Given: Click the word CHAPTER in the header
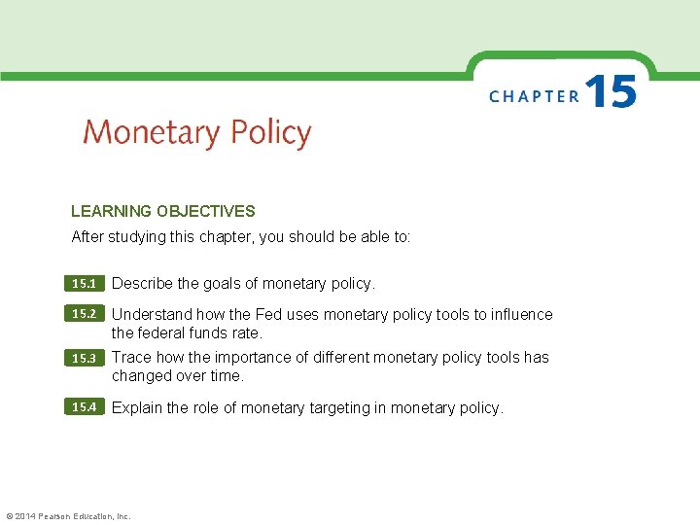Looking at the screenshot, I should click(x=534, y=96).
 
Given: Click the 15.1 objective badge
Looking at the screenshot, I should click(x=85, y=284).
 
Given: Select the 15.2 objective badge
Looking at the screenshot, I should click(x=85, y=314).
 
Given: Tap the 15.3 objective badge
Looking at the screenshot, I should click(x=85, y=358).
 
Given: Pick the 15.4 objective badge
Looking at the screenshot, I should click(x=85, y=407).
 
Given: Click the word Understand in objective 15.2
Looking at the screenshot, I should click(x=152, y=314).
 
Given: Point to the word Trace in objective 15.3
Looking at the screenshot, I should click(x=131, y=357).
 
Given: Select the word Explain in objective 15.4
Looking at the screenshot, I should click(x=139, y=408).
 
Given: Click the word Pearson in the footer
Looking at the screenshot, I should click(x=56, y=516).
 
